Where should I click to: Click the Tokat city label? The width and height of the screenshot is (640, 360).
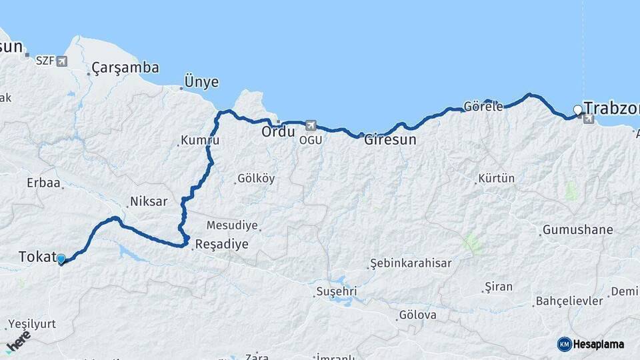pos(35,257)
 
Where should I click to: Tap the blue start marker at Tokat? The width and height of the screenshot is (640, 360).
pos(61,259)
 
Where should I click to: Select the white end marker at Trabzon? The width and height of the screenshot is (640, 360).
pos(578,110)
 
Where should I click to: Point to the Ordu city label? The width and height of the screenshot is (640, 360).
pos(277,132)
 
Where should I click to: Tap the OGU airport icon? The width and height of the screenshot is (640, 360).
pos(310,125)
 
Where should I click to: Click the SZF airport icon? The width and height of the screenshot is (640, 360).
pos(62,61)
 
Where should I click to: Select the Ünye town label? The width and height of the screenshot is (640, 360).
pos(202,82)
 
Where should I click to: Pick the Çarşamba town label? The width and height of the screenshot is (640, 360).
pos(125,67)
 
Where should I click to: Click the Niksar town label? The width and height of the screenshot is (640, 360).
pos(149,201)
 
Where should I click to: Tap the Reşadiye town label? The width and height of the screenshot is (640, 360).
pos(221,245)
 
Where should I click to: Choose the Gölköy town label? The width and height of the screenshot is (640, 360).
pos(256,179)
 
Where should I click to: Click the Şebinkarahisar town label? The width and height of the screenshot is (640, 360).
pos(411,263)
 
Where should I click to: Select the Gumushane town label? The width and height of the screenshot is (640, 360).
pos(577,230)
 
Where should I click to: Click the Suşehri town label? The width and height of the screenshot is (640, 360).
pos(336,291)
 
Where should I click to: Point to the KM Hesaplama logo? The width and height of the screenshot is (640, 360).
pos(591,344)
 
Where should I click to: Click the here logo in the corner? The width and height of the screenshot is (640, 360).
pos(18,342)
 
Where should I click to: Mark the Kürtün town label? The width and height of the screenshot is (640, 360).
pos(497,179)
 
